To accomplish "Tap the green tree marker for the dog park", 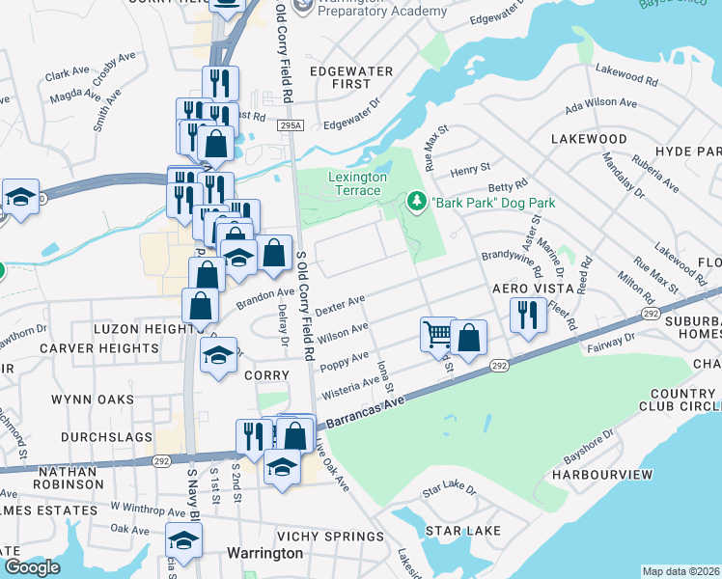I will [417, 202].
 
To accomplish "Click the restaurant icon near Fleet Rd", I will [527, 316].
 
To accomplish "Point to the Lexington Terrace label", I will [357, 184].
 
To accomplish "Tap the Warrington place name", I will [264, 553].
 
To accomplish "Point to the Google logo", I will [32, 567].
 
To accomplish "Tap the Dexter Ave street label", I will [340, 306].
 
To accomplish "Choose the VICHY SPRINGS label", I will [330, 537].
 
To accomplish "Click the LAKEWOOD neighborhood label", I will [589, 139].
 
